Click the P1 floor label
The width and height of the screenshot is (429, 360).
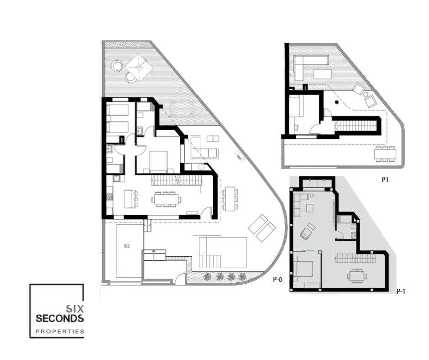point(385,180)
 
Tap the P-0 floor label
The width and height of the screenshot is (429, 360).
point(277,280)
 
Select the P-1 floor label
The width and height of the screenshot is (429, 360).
point(401,291)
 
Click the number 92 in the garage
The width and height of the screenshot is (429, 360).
point(126,246)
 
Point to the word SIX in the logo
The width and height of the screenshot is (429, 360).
point(75,309)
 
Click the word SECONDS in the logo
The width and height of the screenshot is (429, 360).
point(60,318)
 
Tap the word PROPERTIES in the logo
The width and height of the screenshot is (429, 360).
point(60,331)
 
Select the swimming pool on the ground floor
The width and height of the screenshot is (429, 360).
point(223,252)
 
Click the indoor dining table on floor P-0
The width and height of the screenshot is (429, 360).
point(166,199)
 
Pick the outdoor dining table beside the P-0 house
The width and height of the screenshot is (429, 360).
point(230,199)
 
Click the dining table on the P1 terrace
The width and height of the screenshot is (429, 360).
point(385,154)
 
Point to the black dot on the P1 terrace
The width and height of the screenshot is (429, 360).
point(336,102)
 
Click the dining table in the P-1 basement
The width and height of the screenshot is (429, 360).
point(357,276)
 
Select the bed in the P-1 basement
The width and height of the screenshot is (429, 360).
point(303,269)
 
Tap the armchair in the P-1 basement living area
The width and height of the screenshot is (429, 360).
point(308,231)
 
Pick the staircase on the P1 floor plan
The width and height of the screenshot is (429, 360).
point(356,126)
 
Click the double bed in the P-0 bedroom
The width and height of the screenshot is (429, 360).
point(158,162)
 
